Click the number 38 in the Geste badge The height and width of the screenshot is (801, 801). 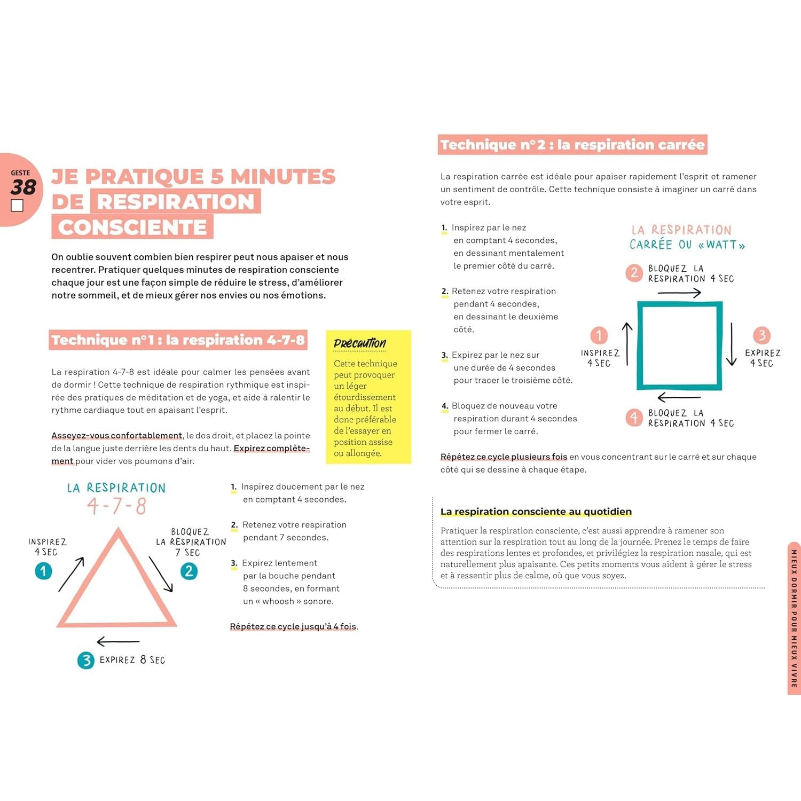click(x=23, y=187)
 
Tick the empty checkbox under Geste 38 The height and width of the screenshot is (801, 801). click(x=17, y=206)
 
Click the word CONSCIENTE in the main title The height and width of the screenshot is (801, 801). click(x=132, y=227)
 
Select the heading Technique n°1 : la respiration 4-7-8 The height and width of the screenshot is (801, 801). click(x=178, y=340)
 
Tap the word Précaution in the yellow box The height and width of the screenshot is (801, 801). click(x=359, y=343)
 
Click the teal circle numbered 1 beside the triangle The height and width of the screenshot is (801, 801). click(x=43, y=571)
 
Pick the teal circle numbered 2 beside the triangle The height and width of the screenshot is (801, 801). click(x=189, y=571)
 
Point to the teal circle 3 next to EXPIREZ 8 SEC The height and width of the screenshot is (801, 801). click(x=85, y=661)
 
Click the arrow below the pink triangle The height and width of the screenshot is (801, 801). click(x=118, y=641)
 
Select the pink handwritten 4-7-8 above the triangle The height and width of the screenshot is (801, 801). click(x=117, y=506)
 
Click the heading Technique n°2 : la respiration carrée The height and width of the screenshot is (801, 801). click(x=572, y=145)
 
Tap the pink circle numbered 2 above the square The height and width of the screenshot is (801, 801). click(x=634, y=273)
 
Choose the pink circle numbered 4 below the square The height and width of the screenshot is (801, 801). click(x=634, y=418)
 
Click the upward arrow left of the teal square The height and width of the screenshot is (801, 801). click(x=627, y=344)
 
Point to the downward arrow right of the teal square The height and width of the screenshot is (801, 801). click(x=732, y=344)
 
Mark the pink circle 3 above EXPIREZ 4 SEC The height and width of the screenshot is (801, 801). click(x=761, y=335)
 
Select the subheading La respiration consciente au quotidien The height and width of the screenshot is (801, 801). click(x=536, y=512)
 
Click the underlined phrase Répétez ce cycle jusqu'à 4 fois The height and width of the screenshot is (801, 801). click(x=293, y=626)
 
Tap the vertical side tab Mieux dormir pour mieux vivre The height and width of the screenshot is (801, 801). click(x=794, y=618)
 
